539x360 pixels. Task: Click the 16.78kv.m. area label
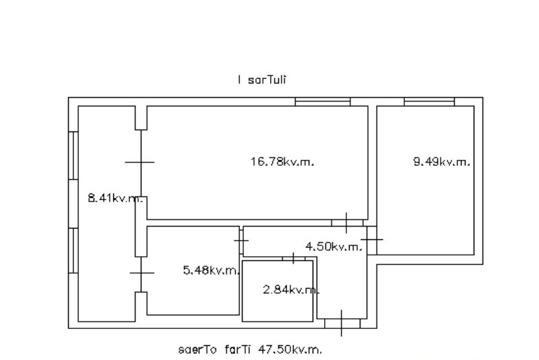click(x=282, y=162)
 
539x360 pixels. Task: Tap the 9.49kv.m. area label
click(x=441, y=162)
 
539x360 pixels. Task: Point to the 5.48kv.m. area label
click(x=212, y=271)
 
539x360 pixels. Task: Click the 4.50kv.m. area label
click(x=334, y=247)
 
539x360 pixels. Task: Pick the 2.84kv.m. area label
click(x=290, y=290)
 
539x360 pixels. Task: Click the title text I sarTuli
click(x=262, y=80)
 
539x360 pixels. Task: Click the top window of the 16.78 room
click(x=323, y=102)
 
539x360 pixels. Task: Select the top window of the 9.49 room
click(x=429, y=102)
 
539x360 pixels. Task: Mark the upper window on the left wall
click(x=73, y=155)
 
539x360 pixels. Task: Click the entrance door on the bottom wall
click(x=342, y=324)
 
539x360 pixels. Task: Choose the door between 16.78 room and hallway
click(x=347, y=222)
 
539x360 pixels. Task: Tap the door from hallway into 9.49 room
click(x=372, y=239)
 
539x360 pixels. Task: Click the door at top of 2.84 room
click(x=293, y=258)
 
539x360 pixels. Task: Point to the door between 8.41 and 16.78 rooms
click(x=140, y=162)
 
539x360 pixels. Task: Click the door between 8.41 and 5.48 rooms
click(x=140, y=273)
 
